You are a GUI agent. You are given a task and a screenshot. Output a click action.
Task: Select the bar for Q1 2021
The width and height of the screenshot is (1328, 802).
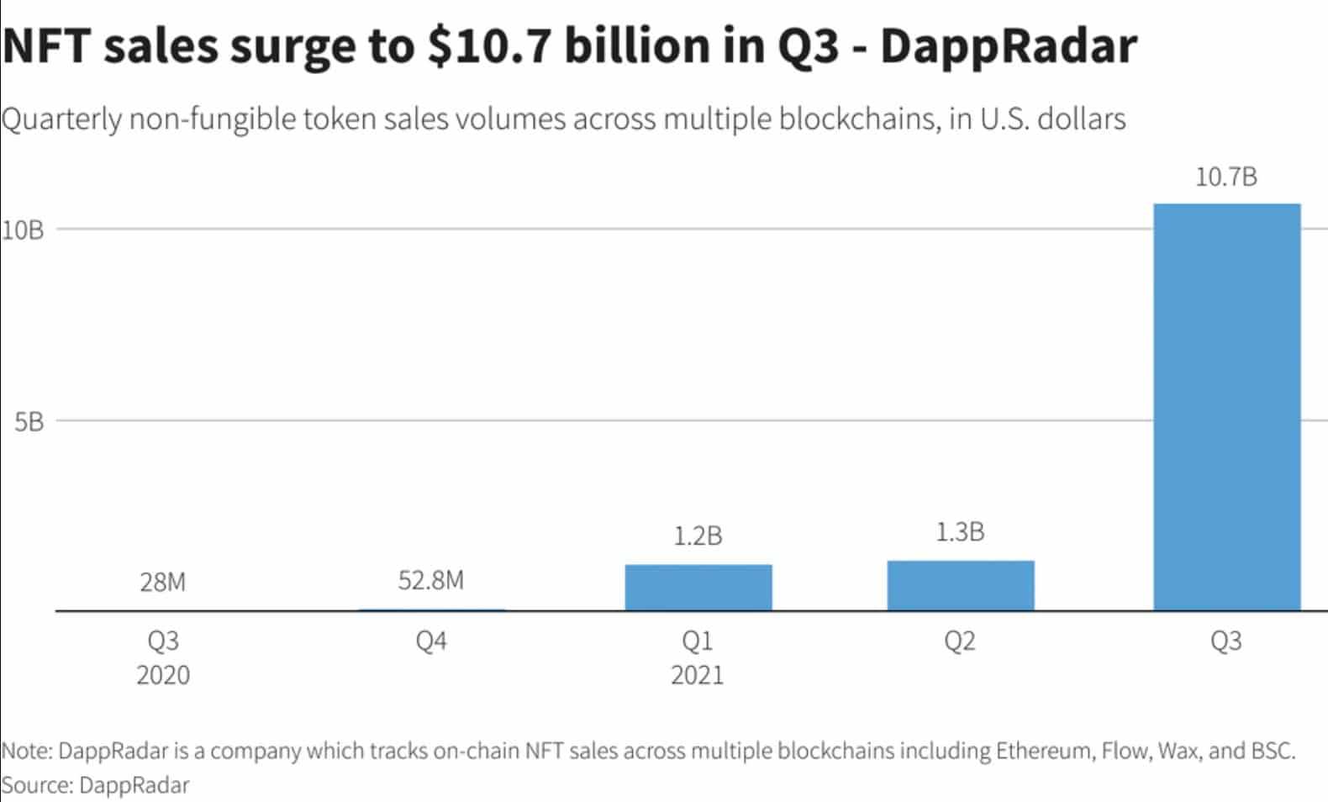click(x=698, y=588)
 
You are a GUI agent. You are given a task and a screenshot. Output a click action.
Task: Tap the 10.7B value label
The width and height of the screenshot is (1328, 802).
click(x=1226, y=177)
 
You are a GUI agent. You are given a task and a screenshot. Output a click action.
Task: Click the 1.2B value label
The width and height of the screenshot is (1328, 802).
click(x=698, y=536)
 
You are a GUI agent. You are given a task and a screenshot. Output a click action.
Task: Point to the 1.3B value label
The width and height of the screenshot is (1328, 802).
click(x=960, y=532)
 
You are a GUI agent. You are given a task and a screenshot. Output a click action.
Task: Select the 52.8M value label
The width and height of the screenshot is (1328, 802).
click(x=430, y=580)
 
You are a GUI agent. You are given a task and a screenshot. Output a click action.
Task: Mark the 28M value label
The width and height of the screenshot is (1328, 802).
click(x=163, y=582)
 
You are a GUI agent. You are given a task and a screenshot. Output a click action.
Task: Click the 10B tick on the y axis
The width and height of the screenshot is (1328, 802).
click(x=23, y=230)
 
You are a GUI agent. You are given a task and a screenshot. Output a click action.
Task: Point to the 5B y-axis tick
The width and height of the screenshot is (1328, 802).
click(x=29, y=421)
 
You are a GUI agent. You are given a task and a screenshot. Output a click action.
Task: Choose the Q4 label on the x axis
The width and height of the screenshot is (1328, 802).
click(x=430, y=641)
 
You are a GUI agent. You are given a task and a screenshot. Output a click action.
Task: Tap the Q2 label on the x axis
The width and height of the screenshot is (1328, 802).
click(x=960, y=641)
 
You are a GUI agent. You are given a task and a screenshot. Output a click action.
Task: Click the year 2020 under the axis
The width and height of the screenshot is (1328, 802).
click(x=163, y=675)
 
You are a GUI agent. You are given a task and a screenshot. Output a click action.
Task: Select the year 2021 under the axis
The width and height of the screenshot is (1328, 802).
click(x=698, y=675)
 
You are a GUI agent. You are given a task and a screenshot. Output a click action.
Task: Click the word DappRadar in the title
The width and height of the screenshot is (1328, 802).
click(x=1008, y=46)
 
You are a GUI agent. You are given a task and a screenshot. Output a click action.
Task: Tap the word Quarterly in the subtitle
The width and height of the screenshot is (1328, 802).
click(x=62, y=119)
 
